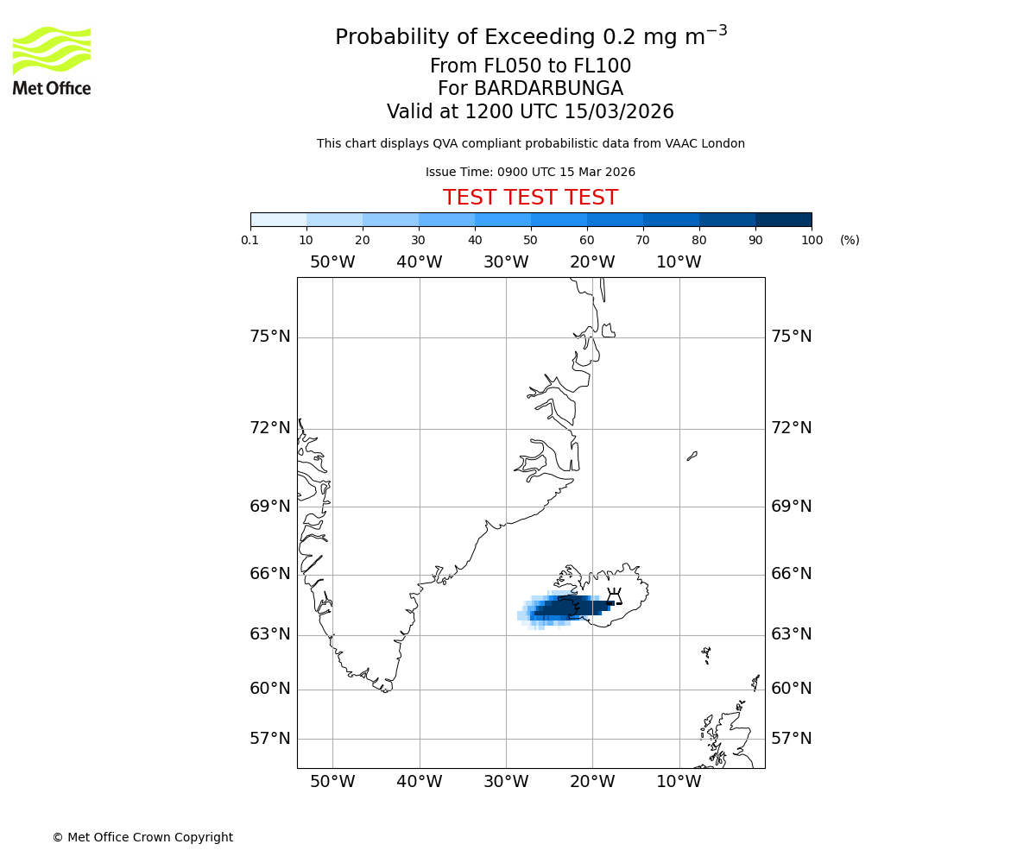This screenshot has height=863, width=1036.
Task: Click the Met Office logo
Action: (52, 60)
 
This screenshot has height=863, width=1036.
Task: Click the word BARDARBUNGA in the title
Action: (559, 89)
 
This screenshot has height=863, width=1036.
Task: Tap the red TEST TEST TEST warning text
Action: (530, 198)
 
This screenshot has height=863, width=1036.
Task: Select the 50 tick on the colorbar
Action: (530, 240)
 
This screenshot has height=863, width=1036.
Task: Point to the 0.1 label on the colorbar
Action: (250, 240)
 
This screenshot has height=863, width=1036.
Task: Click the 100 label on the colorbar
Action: (812, 240)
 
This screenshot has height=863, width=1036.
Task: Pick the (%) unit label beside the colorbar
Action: (850, 240)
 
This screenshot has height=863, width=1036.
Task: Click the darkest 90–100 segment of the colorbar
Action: (783, 219)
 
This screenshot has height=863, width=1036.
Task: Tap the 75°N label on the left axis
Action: (270, 337)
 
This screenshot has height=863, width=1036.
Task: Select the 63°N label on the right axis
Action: (791, 634)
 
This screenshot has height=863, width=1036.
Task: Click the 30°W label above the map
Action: (506, 262)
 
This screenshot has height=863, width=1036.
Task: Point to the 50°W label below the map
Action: (332, 782)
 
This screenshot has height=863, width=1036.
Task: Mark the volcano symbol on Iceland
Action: (614, 596)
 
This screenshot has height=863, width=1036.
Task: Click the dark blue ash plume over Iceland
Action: (565, 608)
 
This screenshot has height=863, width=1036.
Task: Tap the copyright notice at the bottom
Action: (142, 837)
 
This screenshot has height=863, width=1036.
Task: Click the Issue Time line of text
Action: (530, 172)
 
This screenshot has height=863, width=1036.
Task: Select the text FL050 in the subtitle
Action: (490, 66)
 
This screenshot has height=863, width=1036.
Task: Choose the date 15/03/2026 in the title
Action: (619, 111)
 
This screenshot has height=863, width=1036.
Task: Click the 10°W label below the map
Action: (679, 782)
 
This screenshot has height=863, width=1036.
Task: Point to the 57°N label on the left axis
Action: (270, 739)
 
